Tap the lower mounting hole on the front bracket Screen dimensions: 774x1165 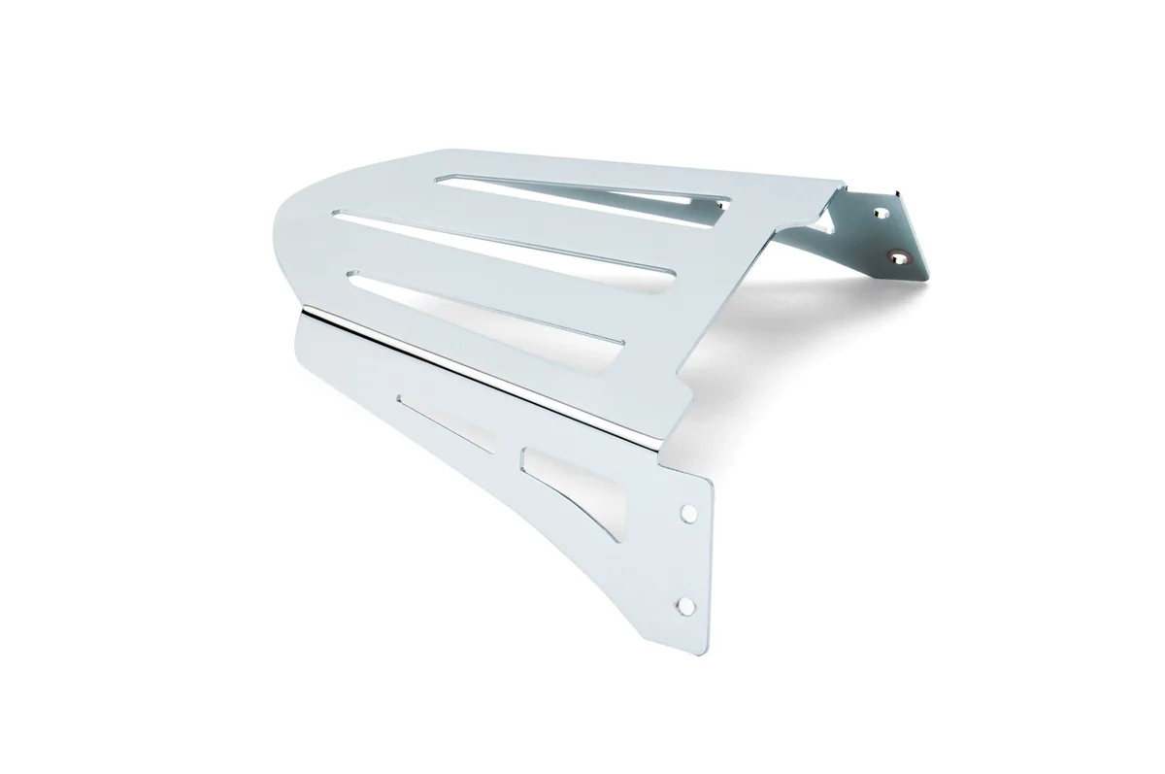tap(686, 605)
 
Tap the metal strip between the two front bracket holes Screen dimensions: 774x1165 tap(686, 558)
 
